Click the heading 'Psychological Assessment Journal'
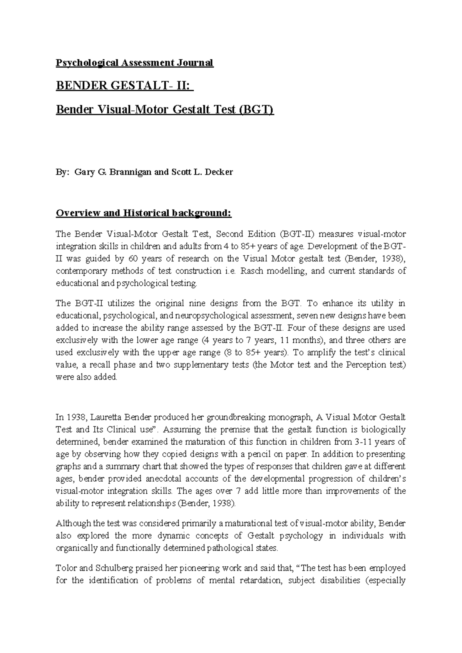coord(134,63)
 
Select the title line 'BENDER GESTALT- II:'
coord(125,86)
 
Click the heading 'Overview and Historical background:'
coord(144,213)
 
